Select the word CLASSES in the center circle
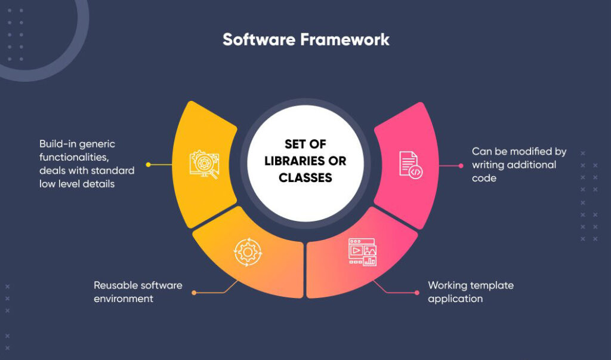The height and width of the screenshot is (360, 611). click(x=305, y=177)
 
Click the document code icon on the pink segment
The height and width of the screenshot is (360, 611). click(x=411, y=164)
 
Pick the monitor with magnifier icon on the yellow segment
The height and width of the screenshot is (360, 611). click(x=204, y=164)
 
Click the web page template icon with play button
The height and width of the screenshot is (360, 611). click(x=362, y=251)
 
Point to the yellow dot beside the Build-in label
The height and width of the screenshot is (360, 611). click(x=148, y=164)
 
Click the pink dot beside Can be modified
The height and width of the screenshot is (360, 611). click(x=461, y=165)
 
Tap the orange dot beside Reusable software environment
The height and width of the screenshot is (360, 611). click(x=194, y=293)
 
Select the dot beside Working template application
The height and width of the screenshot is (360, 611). click(x=416, y=293)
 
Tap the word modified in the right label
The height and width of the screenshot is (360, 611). click(x=532, y=152)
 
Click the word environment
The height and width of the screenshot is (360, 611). click(x=124, y=299)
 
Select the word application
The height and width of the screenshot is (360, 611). click(x=455, y=299)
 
